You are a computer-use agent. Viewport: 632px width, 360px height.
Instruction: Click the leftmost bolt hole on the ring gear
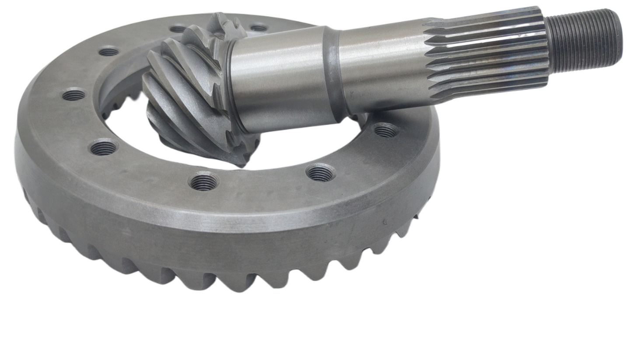pos(73,94)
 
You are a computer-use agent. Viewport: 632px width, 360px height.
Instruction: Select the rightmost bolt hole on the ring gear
pos(386,130)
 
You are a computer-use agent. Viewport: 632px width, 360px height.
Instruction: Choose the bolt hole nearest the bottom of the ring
pos(204,182)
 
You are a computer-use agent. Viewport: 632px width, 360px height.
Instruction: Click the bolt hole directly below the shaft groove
pos(321,172)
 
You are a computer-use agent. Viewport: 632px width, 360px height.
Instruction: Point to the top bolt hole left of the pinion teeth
pos(109,52)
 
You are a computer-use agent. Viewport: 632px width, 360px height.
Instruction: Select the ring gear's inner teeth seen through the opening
pos(120,103)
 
